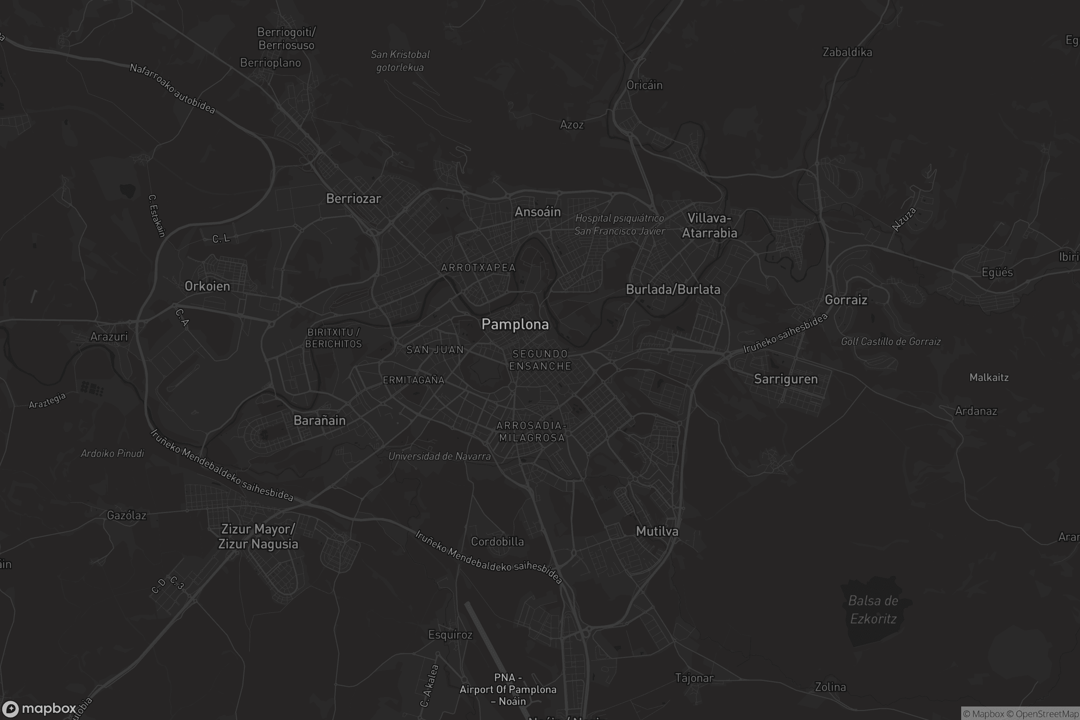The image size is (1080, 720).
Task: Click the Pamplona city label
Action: point(515,324)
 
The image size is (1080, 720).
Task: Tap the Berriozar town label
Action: point(353,198)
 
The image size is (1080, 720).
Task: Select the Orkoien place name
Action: point(207,286)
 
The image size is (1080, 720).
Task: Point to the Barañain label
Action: point(319,420)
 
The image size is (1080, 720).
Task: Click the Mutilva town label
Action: point(657,531)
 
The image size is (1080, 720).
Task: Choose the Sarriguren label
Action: point(786,379)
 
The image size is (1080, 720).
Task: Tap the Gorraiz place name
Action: point(846,300)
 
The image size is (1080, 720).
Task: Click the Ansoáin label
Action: point(537,211)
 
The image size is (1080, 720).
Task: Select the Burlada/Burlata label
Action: point(673,289)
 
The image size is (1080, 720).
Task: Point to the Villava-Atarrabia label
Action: point(709,225)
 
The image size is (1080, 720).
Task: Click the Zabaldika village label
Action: point(847,52)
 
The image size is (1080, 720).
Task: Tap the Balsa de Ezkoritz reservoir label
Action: point(873,609)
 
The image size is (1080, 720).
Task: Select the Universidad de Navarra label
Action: point(440,456)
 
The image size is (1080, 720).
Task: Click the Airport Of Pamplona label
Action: point(508,689)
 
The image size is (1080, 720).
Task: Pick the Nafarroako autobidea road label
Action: point(172,89)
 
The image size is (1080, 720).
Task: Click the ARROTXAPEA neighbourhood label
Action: point(478,268)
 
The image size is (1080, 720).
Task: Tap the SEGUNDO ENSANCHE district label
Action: point(540,360)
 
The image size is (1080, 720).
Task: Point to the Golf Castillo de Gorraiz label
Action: point(891,341)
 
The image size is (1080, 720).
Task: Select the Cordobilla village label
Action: point(497,541)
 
